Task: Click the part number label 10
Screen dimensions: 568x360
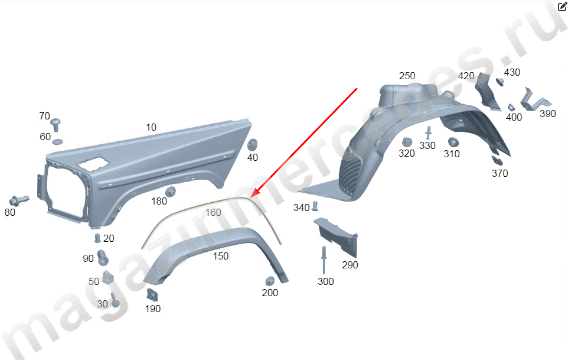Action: coord(151,127)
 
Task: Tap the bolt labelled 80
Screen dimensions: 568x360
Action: coord(19,200)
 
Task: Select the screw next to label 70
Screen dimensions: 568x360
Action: coord(56,124)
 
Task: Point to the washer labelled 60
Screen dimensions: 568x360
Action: coord(57,141)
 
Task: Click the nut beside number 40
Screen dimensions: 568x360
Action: coord(252,144)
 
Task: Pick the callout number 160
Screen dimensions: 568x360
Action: coord(213,212)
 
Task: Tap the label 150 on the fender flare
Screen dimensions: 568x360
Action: coord(221,257)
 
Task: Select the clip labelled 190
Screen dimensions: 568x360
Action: coord(152,295)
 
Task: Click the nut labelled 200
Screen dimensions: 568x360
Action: coord(270,281)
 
